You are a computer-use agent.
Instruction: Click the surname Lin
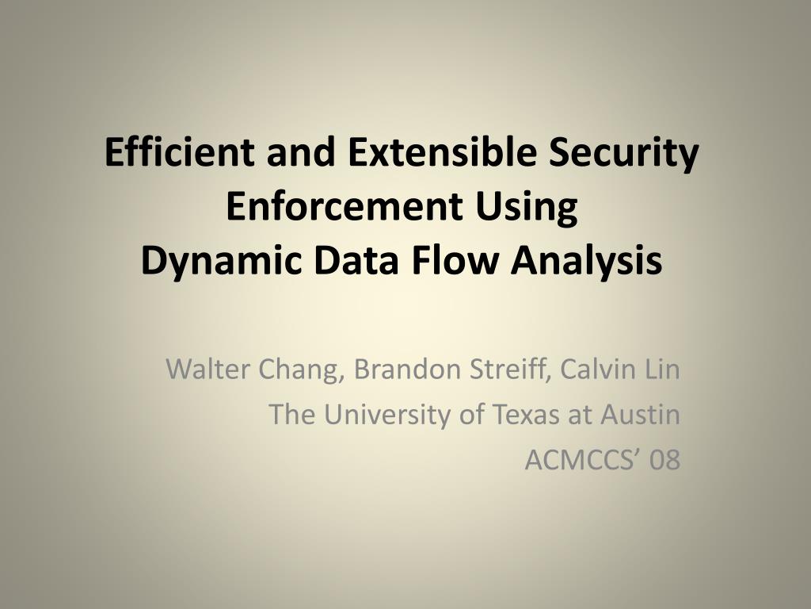click(x=661, y=370)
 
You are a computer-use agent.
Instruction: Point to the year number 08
click(x=664, y=461)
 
